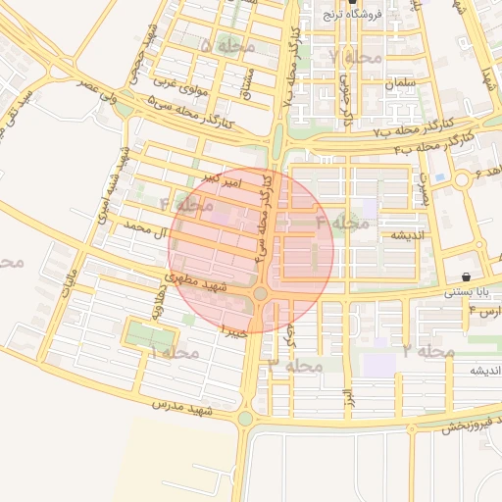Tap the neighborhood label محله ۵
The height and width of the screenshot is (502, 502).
point(226,46)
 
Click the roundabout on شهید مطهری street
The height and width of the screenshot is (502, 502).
point(260,293)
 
